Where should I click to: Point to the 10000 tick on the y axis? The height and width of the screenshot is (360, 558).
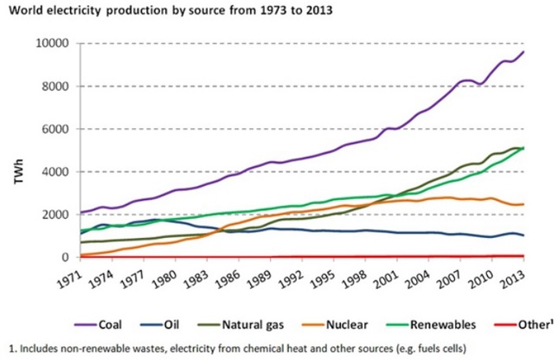pyautogui.click(x=52, y=43)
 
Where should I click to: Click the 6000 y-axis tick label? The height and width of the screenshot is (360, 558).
pyautogui.click(x=55, y=129)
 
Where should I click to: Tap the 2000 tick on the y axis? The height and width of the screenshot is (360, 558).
pyautogui.click(x=55, y=215)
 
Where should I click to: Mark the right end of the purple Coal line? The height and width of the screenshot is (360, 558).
pyautogui.click(x=524, y=52)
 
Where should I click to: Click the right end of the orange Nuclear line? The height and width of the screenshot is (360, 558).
pyautogui.click(x=524, y=204)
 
